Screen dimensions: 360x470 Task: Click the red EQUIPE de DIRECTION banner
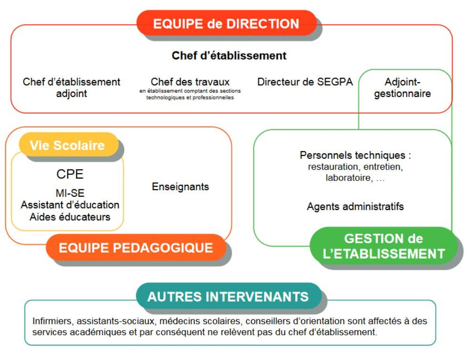[226, 23]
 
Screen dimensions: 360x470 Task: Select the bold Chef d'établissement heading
[229, 56]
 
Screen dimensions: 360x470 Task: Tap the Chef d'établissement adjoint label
[71, 87]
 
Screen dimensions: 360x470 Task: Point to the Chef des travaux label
[190, 82]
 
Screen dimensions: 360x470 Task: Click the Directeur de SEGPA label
[305, 82]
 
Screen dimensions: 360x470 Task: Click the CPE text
[70, 174]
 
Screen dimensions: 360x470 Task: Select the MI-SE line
[70, 193]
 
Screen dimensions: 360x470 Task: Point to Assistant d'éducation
[70, 205]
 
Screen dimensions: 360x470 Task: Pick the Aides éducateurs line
[70, 217]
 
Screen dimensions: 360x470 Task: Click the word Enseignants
[180, 187]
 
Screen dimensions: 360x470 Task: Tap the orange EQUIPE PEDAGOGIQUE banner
[135, 247]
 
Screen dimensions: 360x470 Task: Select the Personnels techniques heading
[355, 155]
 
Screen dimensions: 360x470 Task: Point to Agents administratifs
[355, 206]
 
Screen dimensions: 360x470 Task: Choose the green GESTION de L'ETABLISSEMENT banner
[383, 246]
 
